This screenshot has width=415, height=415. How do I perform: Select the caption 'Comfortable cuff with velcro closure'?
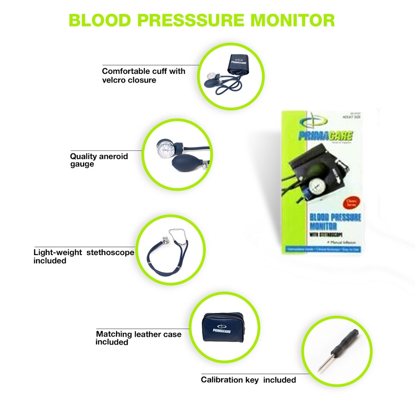click(143, 75)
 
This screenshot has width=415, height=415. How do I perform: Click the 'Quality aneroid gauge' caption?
click(99, 160)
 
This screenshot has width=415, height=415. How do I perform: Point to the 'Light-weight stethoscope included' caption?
click(84, 256)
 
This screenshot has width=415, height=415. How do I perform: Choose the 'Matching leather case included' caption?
click(138, 338)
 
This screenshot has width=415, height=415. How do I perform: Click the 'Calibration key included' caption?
click(248, 380)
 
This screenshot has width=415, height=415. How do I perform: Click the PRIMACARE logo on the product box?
click(325, 137)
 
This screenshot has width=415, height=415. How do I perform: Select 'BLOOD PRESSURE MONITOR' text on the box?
click(335, 222)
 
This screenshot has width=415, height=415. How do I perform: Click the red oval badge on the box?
click(350, 202)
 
